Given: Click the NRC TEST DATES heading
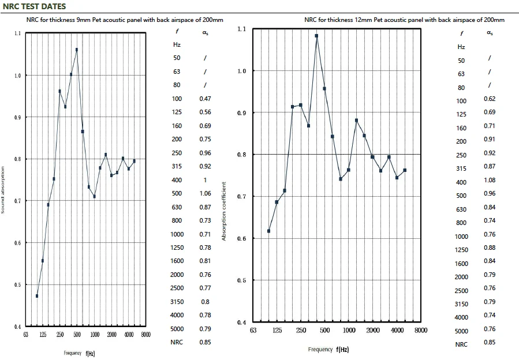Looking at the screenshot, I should pos(35,6).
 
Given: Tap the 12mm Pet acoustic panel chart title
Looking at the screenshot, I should pos(404,20).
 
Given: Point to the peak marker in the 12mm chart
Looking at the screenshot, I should pos(316,36).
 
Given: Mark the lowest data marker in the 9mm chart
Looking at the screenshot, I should pos(37,296).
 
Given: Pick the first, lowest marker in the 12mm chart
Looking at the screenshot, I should pos(269,231).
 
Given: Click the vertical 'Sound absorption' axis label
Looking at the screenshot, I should pos(3,190).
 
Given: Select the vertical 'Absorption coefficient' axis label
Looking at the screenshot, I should pos(224,211).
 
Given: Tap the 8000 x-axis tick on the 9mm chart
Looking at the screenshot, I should pos(145,335).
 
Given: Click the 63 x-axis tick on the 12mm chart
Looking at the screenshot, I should pos(253,331).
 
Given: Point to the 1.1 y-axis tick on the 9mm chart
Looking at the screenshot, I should pos(17,33).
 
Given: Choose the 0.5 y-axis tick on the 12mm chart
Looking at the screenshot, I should pos(241,280).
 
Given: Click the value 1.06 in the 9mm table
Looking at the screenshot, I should pos(205,193).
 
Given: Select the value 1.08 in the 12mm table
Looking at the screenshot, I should pos(490,180).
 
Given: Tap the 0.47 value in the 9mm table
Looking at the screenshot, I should pos(205,99).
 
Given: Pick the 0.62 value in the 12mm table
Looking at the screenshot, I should pos(490,99).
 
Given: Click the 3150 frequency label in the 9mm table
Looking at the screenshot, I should pos(177,302).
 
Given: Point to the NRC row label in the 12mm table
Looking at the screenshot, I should pos(461,344).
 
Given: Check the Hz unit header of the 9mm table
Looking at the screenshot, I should pos(177,44).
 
